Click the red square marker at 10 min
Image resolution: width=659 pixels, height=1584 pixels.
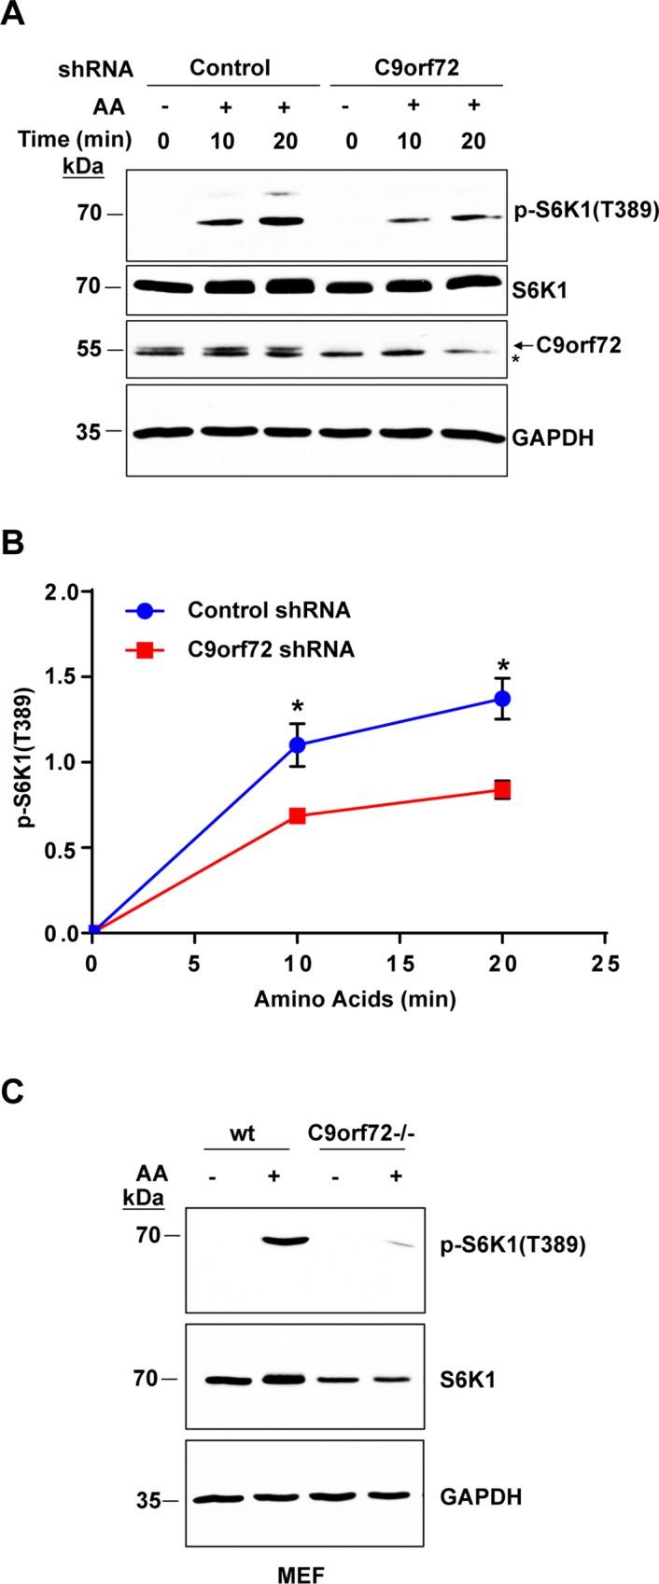298,815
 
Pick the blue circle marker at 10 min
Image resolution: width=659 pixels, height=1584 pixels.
298,744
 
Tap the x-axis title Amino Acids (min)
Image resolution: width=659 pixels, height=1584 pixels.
356,1000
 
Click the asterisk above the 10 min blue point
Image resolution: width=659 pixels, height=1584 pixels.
298,704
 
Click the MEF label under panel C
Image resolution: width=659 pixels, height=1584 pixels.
305,1573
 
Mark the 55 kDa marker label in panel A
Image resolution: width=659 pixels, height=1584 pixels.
87,350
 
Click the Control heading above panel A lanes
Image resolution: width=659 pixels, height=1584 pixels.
230,68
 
